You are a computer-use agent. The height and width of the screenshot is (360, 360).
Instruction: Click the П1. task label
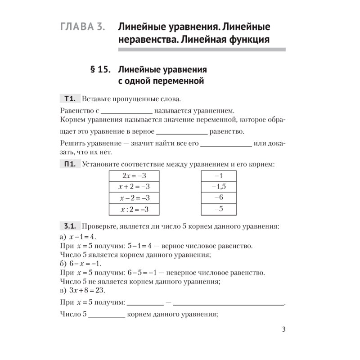point(70,165)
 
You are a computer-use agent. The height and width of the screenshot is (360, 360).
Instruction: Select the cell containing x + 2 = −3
point(134,187)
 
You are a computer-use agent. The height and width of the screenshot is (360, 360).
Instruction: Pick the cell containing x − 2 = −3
point(134,198)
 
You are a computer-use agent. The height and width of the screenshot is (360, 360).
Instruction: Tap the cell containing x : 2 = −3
point(134,209)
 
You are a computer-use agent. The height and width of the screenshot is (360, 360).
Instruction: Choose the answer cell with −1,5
point(219,187)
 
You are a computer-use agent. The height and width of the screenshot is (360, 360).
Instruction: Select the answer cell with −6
point(219,198)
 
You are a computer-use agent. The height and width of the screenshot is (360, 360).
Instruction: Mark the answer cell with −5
point(219,209)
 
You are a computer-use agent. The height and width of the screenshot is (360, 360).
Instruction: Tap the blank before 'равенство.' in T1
point(181,133)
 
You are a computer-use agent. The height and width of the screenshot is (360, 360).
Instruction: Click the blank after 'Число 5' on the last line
point(107,316)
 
